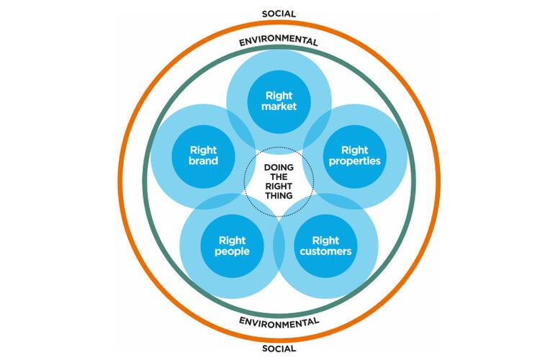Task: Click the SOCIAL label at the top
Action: click(279, 14)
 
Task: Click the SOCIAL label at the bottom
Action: click(279, 348)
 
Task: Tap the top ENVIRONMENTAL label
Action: click(278, 40)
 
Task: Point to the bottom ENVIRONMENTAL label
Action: click(279, 323)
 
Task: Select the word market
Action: click(279, 107)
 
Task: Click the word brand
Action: click(203, 161)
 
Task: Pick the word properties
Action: click(355, 161)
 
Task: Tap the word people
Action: click(232, 251)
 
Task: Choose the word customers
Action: click(325, 251)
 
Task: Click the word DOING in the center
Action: click(279, 168)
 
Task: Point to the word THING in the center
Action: click(279, 196)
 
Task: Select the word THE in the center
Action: click(279, 176)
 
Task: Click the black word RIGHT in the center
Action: click(279, 186)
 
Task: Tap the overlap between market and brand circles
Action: click(241, 127)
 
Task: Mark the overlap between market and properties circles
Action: click(318, 127)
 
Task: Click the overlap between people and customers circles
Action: click(279, 246)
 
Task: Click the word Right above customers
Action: click(325, 240)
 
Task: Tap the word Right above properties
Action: click(355, 150)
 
